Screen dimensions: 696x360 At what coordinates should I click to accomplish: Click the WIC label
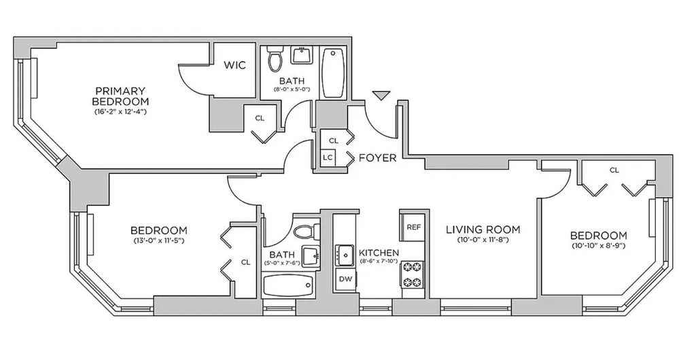(x=234, y=65)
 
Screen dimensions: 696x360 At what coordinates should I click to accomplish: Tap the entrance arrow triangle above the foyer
(x=381, y=95)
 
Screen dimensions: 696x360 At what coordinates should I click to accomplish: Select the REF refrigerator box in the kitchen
(x=413, y=227)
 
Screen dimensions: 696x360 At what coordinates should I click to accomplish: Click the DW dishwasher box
(x=345, y=279)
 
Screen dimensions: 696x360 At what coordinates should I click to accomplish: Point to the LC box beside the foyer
(x=328, y=157)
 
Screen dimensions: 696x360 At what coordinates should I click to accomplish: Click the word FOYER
(x=377, y=158)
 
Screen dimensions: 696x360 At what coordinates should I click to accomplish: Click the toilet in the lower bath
(x=307, y=231)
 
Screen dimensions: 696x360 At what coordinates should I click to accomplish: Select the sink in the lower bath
(x=311, y=256)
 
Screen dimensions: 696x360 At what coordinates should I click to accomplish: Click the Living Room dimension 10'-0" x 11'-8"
(x=483, y=240)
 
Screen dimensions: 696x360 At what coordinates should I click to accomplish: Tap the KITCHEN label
(x=379, y=253)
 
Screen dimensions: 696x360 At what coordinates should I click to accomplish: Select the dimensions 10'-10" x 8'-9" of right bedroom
(x=598, y=246)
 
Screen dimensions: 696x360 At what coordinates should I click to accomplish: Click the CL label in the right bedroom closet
(x=614, y=170)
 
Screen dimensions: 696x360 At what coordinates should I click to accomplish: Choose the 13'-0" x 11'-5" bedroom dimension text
(x=158, y=240)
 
